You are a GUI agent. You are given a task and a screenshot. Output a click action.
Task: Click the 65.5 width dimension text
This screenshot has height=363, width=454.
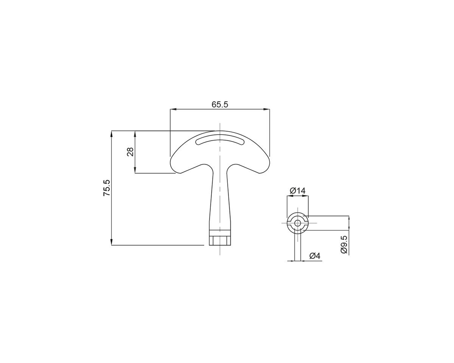(x=220, y=104)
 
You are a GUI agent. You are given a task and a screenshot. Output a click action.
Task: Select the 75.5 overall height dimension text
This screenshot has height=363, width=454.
(x=107, y=188)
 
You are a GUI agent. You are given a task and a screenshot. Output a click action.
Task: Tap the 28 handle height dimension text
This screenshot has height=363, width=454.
(x=130, y=152)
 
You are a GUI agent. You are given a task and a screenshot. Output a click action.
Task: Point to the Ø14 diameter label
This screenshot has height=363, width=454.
(x=298, y=191)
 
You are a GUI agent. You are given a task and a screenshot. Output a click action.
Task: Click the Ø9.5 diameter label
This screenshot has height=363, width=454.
(x=344, y=244)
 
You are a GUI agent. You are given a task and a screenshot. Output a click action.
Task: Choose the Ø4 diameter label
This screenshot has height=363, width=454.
(x=315, y=256)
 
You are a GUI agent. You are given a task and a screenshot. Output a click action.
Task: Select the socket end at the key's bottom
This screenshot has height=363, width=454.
(x=220, y=240)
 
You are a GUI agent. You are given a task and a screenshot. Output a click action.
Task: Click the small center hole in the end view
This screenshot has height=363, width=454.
(x=298, y=223)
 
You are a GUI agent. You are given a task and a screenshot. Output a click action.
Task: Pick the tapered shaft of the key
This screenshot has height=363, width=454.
(x=220, y=197)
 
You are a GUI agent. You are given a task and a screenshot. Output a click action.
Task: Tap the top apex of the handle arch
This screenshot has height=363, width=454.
(x=220, y=131)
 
